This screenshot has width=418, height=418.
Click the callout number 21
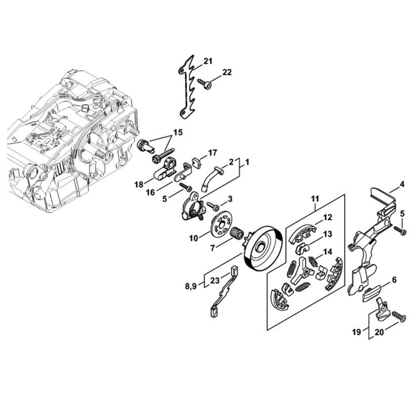[208, 61]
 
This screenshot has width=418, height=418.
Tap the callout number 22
[227, 72]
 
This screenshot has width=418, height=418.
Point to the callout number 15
[178, 132]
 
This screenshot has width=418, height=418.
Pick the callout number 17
[212, 153]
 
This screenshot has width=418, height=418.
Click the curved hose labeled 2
[211, 178]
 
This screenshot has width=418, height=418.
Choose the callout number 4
[402, 184]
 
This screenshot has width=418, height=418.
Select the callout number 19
[356, 332]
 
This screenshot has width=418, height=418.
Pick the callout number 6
[394, 280]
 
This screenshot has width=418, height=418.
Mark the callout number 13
[327, 234]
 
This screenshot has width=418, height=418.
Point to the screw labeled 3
[212, 206]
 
